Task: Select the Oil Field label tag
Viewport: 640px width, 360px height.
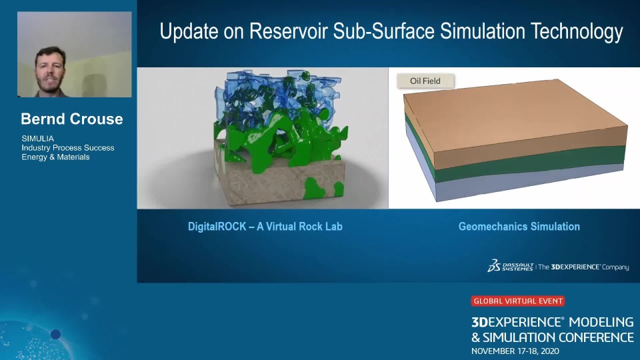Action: (425, 81)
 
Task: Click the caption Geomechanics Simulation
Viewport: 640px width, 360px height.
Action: (519, 227)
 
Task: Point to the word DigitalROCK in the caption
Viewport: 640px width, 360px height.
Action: (217, 227)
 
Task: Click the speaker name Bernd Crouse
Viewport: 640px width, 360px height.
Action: (72, 119)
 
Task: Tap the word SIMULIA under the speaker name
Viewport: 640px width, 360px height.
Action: (37, 139)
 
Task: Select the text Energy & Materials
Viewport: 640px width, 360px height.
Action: (55, 157)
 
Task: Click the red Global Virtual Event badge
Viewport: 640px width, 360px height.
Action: (517, 301)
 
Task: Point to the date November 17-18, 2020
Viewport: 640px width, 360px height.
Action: (515, 351)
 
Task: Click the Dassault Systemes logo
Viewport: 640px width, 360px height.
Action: (510, 266)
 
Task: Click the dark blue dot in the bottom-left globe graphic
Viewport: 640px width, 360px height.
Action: (55, 334)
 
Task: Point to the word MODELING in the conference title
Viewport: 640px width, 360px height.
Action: (601, 322)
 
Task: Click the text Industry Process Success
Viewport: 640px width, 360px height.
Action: (68, 148)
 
